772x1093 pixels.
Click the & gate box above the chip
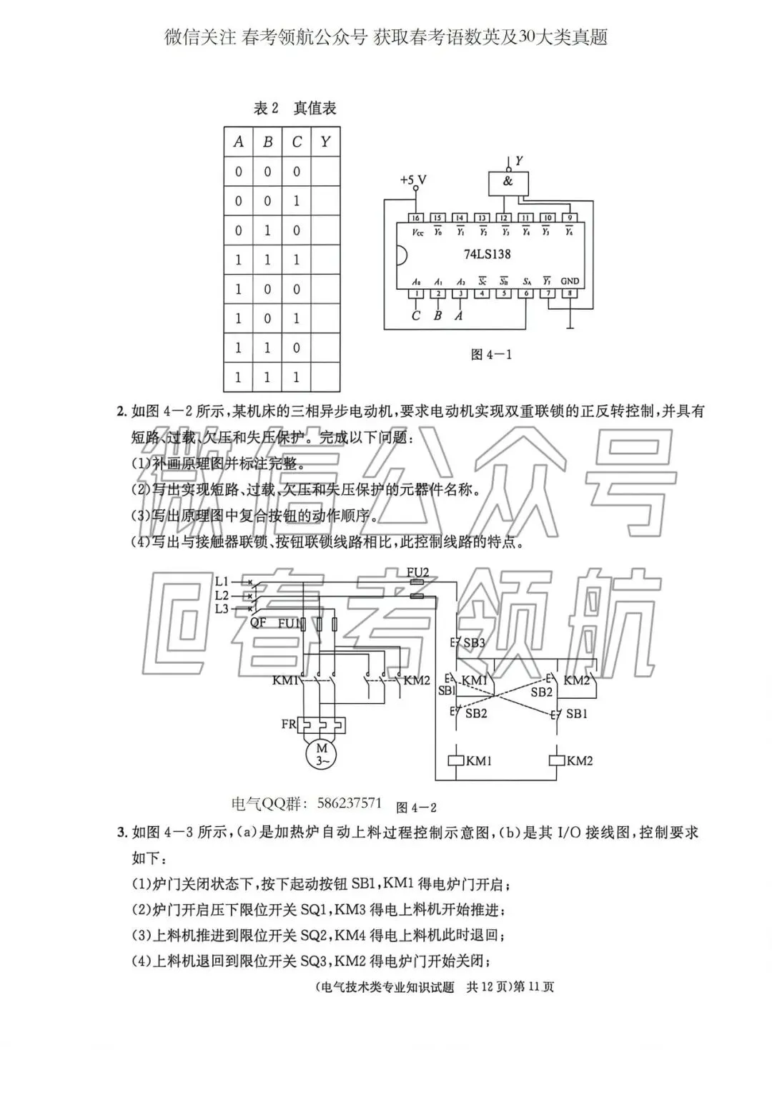point(508,182)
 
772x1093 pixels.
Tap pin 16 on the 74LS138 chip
point(416,217)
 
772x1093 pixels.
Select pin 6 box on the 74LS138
point(526,293)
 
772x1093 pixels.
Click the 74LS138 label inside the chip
point(487,254)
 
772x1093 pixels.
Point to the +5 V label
point(412,180)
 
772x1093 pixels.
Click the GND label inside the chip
point(570,281)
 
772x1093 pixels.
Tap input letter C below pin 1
point(416,315)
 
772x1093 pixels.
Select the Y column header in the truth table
point(325,142)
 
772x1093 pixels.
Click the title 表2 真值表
point(295,109)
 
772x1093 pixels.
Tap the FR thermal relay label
point(288,724)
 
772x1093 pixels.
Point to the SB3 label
point(474,642)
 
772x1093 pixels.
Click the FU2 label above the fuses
point(417,572)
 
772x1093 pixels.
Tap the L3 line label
point(222,609)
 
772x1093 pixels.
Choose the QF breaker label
point(258,622)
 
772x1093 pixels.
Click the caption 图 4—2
point(416,808)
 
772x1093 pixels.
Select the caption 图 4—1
point(492,354)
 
